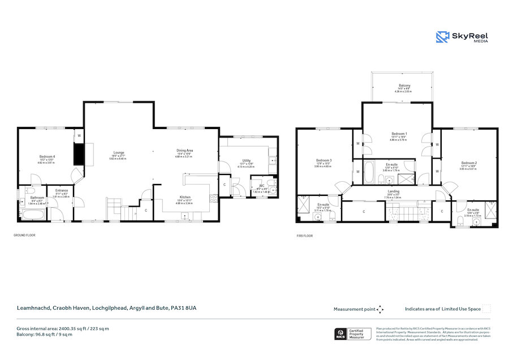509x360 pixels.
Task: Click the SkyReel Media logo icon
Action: (x=442, y=37)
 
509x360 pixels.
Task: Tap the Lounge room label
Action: (x=118, y=152)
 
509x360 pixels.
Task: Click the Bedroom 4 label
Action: (x=48, y=156)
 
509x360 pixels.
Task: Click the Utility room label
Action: (x=246, y=161)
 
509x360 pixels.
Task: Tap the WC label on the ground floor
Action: (x=262, y=186)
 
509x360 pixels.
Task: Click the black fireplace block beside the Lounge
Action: (x=79, y=154)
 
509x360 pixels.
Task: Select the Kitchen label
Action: (x=185, y=197)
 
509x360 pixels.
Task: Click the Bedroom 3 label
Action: (x=323, y=160)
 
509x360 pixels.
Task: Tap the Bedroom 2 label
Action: (x=468, y=163)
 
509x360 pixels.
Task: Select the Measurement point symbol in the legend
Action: (x=380, y=309)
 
